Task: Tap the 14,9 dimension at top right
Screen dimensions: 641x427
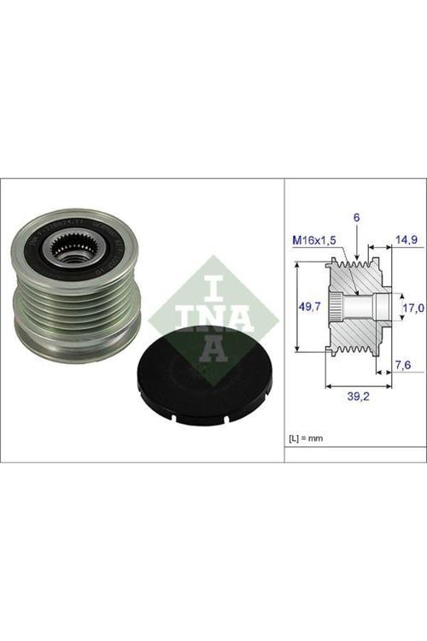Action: point(405,241)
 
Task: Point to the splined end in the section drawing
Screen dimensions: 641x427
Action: point(335,307)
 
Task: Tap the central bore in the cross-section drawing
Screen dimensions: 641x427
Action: point(376,307)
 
